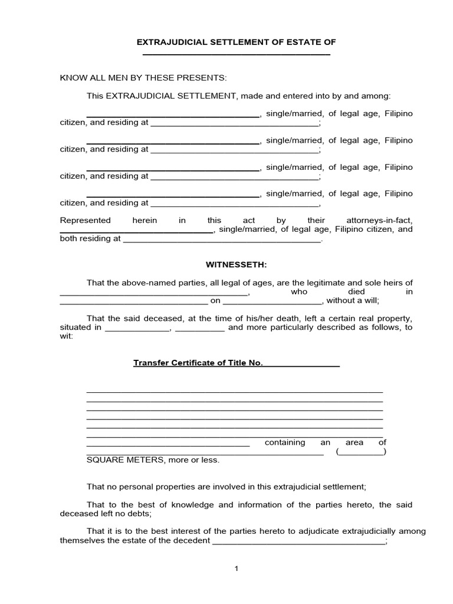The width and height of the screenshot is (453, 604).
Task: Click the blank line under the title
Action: tap(236, 54)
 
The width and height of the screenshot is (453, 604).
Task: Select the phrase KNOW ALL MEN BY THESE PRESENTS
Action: tap(143, 78)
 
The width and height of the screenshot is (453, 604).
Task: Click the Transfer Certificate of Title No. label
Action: tap(198, 363)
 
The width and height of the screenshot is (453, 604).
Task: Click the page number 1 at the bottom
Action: tap(237, 569)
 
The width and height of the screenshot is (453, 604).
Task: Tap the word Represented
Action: tap(86, 221)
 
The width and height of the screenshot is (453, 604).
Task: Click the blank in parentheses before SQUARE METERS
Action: tap(361, 452)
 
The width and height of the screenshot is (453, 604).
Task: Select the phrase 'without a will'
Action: tap(349, 300)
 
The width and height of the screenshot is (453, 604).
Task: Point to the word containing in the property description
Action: tap(285, 442)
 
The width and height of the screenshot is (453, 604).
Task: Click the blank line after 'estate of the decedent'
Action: tap(298, 542)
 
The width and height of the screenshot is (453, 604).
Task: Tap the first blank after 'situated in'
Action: tap(137, 329)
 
